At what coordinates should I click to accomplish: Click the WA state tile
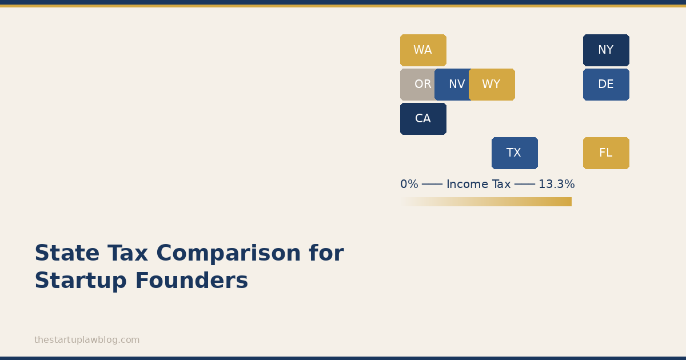(x=423, y=50)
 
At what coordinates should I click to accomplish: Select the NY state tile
(x=606, y=50)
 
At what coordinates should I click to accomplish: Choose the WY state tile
(x=492, y=85)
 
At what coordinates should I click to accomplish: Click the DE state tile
(x=606, y=85)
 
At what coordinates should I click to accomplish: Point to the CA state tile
(x=423, y=119)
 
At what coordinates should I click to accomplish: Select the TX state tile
(x=515, y=153)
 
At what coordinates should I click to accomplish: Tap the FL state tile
(x=606, y=153)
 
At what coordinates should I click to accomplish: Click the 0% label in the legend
(x=409, y=184)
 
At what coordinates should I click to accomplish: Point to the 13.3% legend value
(x=556, y=184)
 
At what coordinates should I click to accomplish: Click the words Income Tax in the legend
(x=478, y=184)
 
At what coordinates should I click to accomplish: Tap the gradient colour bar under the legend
(x=486, y=202)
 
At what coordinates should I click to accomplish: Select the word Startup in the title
(x=81, y=281)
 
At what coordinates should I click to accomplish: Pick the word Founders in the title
(x=192, y=281)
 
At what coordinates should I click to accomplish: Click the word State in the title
(x=67, y=253)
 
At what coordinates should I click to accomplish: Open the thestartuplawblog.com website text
(x=87, y=340)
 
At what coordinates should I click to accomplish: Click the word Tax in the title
(x=127, y=253)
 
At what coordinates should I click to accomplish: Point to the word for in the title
(x=327, y=253)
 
